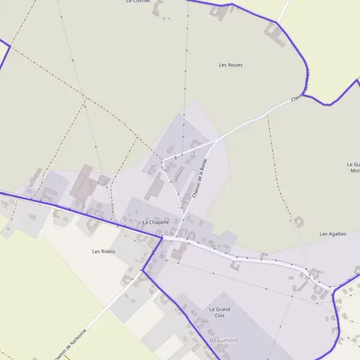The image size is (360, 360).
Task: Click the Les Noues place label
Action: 231,65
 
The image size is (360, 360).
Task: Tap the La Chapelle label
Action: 156,223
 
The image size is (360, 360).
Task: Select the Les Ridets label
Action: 104,251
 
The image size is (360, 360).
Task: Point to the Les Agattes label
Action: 333,234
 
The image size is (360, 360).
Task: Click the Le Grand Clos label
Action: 220,312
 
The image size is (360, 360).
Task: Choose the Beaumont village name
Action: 224,340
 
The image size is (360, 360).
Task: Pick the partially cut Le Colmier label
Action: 138,2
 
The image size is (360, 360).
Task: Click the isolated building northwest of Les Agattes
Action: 298,222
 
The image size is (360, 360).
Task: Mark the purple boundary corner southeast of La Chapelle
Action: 162,238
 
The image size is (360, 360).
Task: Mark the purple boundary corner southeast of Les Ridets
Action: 142,270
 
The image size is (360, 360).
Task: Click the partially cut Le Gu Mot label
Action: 353,167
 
